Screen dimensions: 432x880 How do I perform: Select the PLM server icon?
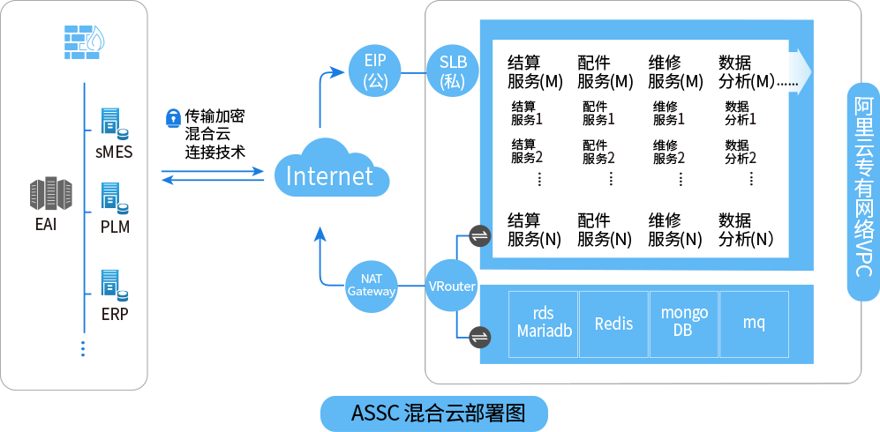(x=114, y=199)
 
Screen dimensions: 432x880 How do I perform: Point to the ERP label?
(x=114, y=314)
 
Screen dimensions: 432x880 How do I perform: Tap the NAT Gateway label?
(x=371, y=285)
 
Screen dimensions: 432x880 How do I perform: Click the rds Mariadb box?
(x=543, y=323)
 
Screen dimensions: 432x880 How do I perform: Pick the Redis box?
(x=613, y=324)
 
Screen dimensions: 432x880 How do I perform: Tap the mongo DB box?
(x=684, y=323)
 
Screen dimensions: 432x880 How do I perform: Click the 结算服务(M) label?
(x=535, y=72)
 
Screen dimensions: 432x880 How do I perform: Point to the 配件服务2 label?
(x=598, y=151)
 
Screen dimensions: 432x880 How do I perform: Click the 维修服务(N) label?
(x=674, y=229)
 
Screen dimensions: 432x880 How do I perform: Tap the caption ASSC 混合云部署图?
(x=438, y=413)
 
